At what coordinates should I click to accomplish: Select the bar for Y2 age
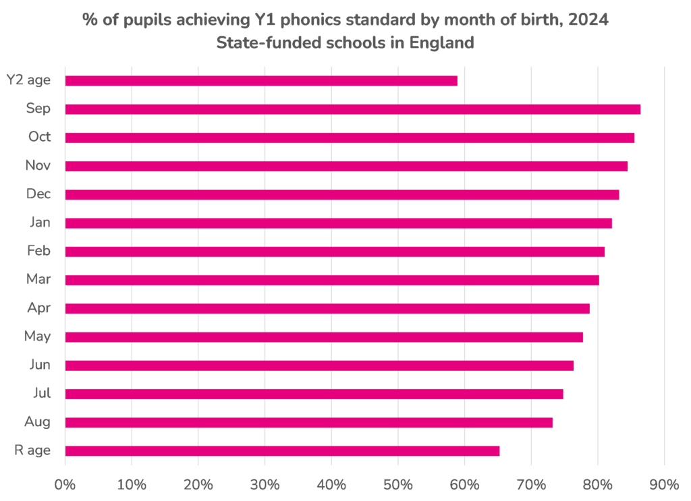click(x=261, y=81)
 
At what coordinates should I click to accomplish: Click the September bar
click(x=352, y=109)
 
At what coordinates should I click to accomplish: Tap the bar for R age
click(x=282, y=451)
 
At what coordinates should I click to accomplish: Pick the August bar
click(x=308, y=423)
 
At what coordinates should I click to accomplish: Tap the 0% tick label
click(x=65, y=483)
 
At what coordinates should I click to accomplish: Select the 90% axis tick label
click(x=665, y=483)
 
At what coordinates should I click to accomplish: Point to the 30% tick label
click(x=265, y=483)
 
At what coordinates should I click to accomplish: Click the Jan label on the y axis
click(x=40, y=223)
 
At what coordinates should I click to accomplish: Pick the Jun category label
click(x=40, y=365)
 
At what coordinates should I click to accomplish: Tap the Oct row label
click(x=40, y=137)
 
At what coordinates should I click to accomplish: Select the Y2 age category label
click(x=29, y=80)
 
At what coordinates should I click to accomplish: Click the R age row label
click(x=33, y=450)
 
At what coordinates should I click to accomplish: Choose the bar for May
click(x=323, y=337)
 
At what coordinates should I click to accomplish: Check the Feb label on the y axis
click(x=40, y=251)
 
